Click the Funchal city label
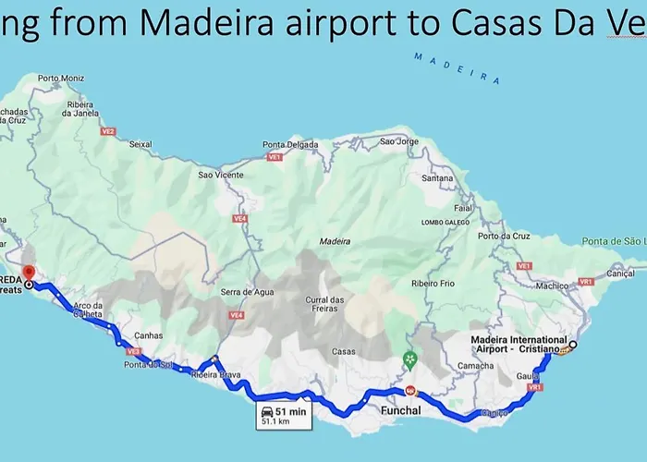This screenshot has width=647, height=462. (x=400, y=409)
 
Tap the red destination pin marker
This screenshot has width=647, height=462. (x=28, y=274)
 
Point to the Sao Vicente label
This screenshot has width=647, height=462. (x=221, y=175)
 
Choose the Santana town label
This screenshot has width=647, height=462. (x=437, y=177)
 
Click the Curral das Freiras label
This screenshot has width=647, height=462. (x=324, y=304)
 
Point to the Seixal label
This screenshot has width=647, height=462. (x=141, y=144)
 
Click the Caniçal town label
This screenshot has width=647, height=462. (x=620, y=274)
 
